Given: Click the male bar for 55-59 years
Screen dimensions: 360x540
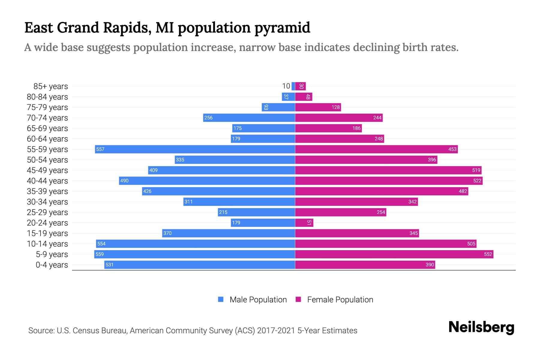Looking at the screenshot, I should (195, 149).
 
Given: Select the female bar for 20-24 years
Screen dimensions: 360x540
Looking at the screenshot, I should (304, 223).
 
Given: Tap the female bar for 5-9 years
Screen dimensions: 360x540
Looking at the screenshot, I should (394, 254).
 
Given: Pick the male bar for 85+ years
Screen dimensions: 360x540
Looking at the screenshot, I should (293, 86).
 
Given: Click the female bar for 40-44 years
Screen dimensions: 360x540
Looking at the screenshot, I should (388, 181).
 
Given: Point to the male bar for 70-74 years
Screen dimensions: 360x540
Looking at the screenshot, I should (249, 118).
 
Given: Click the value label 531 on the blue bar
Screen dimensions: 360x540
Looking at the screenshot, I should (109, 265).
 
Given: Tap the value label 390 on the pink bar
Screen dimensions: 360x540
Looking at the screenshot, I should (430, 265).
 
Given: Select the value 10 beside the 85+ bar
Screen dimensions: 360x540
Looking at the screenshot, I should (286, 86).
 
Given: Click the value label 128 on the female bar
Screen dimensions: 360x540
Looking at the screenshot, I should (335, 107).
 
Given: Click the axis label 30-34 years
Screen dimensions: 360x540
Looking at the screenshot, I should (47, 202).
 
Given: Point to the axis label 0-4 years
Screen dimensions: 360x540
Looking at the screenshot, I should (52, 265).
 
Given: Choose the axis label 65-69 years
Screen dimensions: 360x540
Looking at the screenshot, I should (47, 128).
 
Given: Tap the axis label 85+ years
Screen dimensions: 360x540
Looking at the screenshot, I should (51, 86).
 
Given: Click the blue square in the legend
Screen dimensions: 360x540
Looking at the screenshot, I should (221, 299).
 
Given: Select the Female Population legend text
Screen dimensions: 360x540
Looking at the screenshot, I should (340, 299).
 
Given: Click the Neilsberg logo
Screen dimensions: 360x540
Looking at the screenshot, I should (481, 327).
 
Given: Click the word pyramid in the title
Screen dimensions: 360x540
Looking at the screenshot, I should (282, 28).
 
